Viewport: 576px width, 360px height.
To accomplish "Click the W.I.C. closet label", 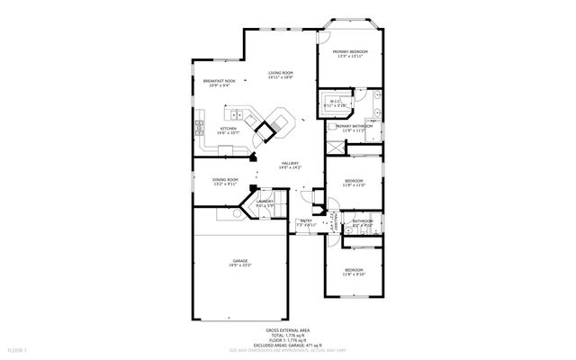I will coord(335,103).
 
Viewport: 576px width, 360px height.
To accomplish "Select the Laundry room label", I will coord(265,203).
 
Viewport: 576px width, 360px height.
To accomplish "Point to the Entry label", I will coord(306,220).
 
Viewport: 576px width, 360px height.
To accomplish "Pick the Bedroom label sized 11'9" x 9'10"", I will coord(353,272).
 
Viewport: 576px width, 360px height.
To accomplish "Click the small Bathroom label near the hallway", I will coord(363,222).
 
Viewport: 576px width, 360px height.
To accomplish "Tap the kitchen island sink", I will coord(238,114).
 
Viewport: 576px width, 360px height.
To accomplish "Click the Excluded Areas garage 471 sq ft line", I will coord(288,345).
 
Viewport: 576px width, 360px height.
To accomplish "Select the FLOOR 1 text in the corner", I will coord(17,348).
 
